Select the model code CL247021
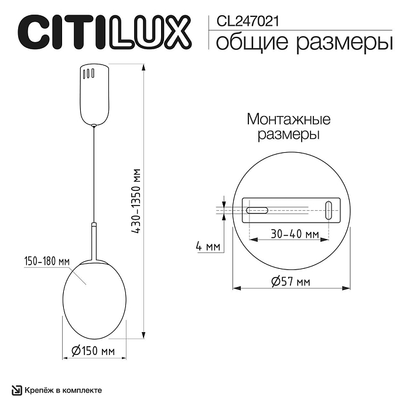click(x=247, y=22)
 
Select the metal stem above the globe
click(x=93, y=240)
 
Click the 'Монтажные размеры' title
click(x=289, y=127)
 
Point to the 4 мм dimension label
click(x=208, y=247)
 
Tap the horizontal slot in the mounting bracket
click(x=257, y=209)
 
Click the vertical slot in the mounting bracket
click(x=329, y=209)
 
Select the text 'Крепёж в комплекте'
click(x=64, y=389)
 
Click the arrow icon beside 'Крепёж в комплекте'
click(x=18, y=389)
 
